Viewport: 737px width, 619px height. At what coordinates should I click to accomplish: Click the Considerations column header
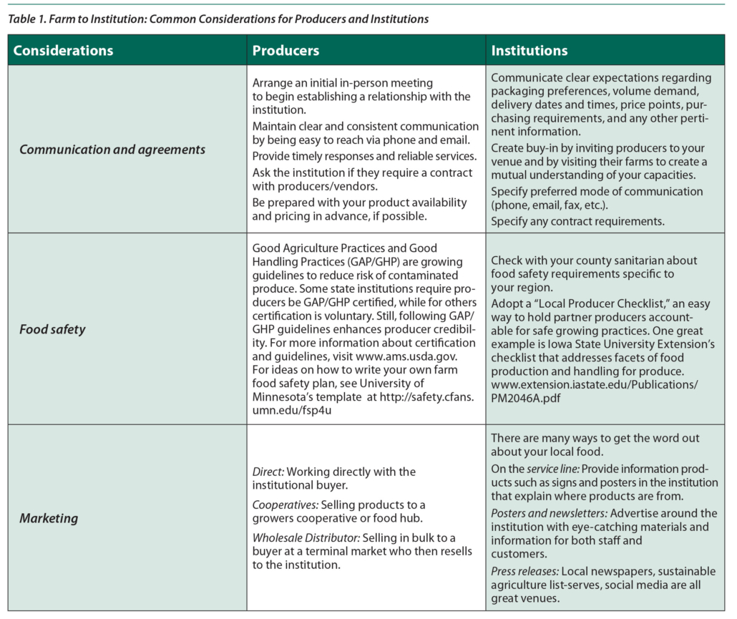coord(63,51)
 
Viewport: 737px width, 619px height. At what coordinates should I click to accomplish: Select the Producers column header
coord(285,51)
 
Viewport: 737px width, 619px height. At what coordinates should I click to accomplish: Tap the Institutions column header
coord(529,51)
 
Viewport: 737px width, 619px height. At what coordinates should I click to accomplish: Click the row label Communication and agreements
coord(112,150)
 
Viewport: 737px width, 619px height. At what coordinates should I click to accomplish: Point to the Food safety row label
coord(52,330)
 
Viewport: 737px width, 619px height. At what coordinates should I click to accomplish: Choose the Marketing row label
coord(48,518)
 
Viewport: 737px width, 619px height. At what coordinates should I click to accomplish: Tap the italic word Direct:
coord(268,472)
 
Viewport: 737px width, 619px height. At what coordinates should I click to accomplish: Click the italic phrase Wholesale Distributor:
coord(306,538)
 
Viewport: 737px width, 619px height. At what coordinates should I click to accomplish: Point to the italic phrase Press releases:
coord(524,571)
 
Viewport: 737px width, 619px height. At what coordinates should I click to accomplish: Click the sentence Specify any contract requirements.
coord(577,221)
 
